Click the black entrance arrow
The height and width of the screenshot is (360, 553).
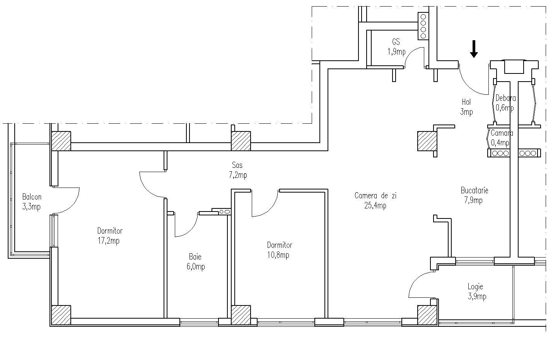click(x=474, y=49)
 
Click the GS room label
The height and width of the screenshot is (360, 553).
click(x=396, y=42)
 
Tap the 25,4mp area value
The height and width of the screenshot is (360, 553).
click(x=375, y=205)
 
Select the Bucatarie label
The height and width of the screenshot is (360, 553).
click(x=474, y=190)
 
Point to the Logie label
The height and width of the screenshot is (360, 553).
click(x=475, y=287)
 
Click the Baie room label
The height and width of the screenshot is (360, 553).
click(x=195, y=257)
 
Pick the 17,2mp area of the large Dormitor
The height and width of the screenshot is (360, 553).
click(x=108, y=241)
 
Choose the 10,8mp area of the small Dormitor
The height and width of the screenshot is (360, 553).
click(x=278, y=255)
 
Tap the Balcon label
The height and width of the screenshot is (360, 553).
click(x=31, y=197)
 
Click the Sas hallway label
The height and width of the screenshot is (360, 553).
click(x=237, y=165)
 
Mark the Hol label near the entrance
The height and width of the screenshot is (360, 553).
click(x=466, y=102)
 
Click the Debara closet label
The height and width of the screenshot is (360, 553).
click(x=505, y=98)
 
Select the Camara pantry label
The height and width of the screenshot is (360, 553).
click(x=502, y=133)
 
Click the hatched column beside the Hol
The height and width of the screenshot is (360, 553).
click(x=427, y=141)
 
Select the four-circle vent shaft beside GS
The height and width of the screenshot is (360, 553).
click(x=423, y=27)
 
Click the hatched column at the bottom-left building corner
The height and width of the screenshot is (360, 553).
click(x=61, y=315)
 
